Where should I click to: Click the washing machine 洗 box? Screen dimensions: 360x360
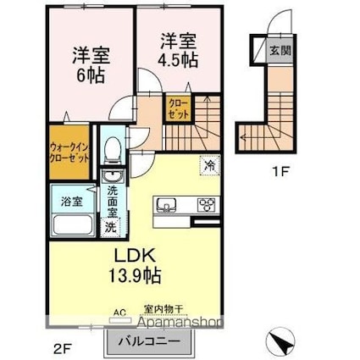click(x=110, y=226)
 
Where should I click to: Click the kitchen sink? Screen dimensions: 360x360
click(x=165, y=204)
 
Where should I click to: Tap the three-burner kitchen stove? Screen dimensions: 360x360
click(x=207, y=204)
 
